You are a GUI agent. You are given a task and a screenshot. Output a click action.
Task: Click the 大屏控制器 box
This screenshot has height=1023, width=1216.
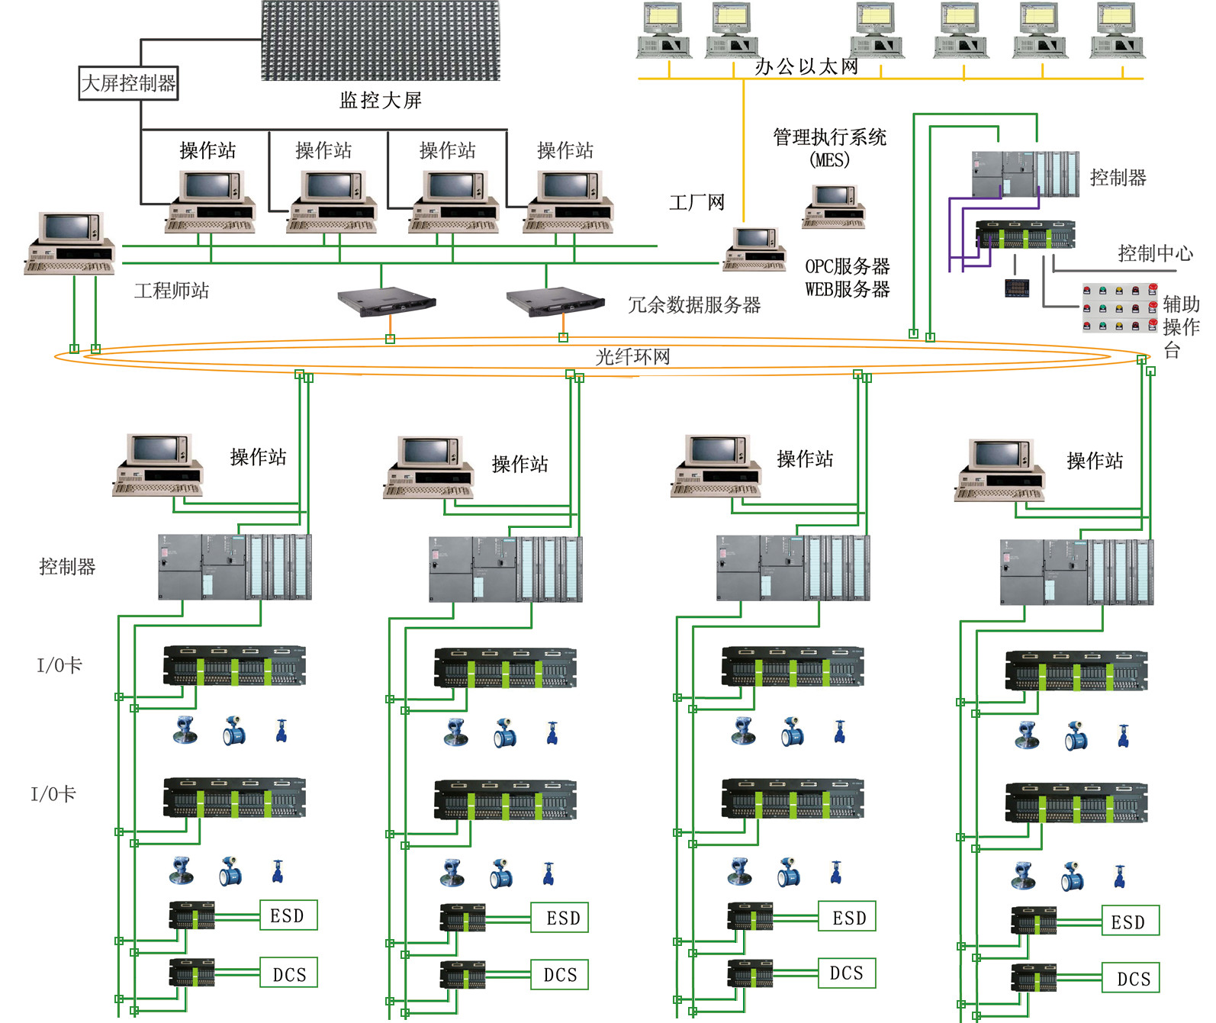click(129, 83)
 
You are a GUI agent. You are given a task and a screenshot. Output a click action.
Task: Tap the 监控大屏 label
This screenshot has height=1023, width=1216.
click(380, 101)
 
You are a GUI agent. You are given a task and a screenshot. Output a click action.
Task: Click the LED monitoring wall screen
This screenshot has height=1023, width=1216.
click(380, 40)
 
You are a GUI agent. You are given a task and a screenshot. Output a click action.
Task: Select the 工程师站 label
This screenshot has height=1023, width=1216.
click(172, 291)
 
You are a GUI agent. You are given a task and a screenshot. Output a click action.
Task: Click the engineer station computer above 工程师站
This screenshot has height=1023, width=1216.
click(70, 243)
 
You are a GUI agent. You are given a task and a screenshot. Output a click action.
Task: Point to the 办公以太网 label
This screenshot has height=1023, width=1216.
click(806, 67)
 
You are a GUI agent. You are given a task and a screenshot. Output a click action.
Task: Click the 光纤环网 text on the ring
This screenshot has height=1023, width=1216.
click(632, 357)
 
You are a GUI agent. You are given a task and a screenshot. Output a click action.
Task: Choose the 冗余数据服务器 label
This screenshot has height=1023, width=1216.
click(694, 305)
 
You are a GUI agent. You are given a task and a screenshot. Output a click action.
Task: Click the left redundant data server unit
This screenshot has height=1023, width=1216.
click(387, 301)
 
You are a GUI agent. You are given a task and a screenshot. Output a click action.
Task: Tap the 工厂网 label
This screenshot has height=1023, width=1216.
click(696, 203)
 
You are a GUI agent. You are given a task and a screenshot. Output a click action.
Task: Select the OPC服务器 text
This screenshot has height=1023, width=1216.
click(847, 266)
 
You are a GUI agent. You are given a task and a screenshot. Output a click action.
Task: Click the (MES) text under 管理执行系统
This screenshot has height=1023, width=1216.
click(829, 160)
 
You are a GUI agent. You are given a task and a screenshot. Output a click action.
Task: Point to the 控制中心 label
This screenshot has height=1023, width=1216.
click(1155, 253)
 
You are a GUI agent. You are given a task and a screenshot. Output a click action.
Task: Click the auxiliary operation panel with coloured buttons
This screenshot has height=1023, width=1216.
click(1119, 307)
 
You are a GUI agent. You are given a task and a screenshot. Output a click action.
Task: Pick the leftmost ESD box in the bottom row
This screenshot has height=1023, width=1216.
click(288, 915)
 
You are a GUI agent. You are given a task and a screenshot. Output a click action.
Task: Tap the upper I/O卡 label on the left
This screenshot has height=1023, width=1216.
click(60, 665)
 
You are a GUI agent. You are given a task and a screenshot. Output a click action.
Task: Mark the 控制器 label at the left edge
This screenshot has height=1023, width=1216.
click(67, 567)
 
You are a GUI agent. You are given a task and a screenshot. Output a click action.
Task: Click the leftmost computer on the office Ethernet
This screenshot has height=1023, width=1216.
click(664, 31)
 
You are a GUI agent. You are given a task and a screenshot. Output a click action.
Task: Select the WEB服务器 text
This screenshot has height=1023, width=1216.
click(847, 290)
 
